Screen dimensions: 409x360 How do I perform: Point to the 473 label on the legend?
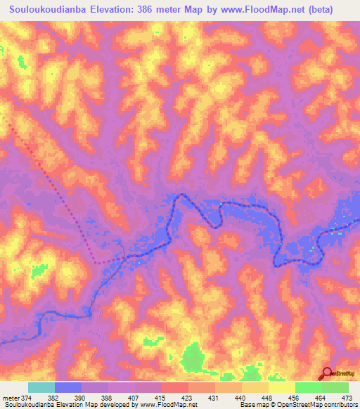click(347, 398)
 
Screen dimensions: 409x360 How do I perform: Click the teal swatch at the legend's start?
click(41, 387)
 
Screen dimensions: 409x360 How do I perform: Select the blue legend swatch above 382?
click(68, 387)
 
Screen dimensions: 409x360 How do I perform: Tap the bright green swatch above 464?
click(308, 387)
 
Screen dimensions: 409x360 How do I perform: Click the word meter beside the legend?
click(11, 398)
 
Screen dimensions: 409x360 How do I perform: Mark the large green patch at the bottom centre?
click(192, 358)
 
